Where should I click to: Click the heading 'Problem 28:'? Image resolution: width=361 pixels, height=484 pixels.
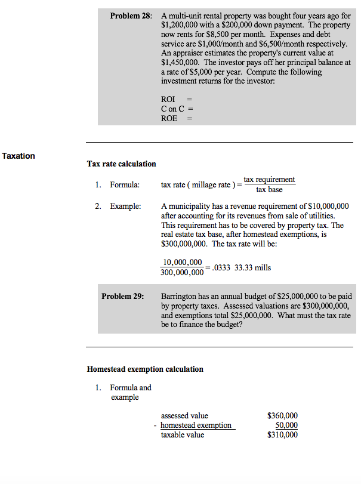[131, 14]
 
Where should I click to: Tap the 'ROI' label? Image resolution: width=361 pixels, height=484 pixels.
[168, 98]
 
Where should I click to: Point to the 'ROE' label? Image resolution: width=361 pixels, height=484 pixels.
[169, 118]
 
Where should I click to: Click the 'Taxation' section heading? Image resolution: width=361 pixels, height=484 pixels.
[18, 156]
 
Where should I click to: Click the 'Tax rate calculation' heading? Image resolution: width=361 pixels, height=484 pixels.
[121, 164]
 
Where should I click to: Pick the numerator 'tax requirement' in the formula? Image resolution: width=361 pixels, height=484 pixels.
[269, 179]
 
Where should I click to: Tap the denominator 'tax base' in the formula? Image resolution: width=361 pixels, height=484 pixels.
[269, 190]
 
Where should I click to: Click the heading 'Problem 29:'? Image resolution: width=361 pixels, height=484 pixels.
[122, 296]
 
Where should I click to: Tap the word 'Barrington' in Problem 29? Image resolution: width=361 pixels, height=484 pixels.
[180, 296]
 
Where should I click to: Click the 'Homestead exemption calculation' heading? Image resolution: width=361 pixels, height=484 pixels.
[145, 369]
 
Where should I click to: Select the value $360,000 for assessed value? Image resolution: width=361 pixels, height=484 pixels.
[282, 415]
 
